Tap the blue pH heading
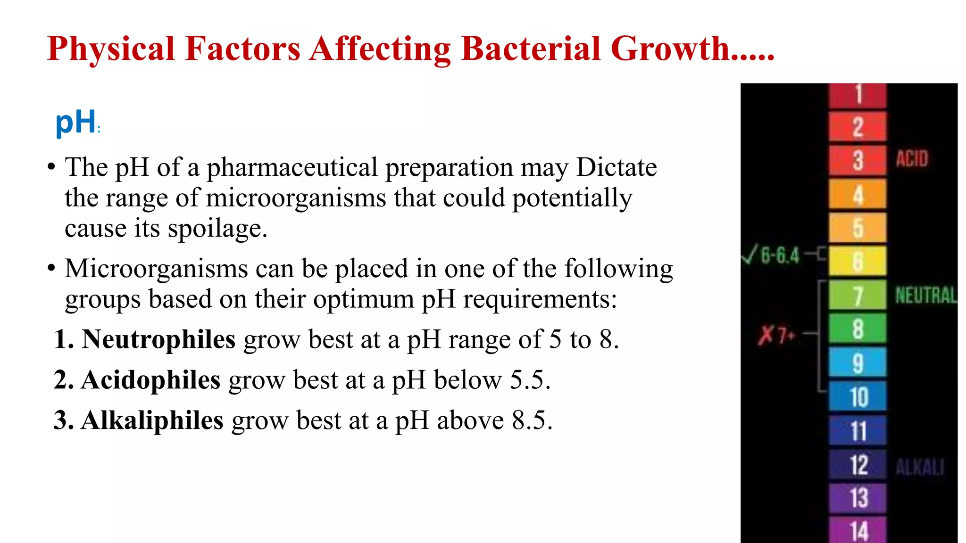pyautogui.click(x=75, y=122)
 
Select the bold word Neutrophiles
pyautogui.click(x=158, y=339)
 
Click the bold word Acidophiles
pyautogui.click(x=150, y=380)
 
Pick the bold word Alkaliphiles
pyautogui.click(x=152, y=420)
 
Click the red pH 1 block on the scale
pyautogui.click(x=858, y=95)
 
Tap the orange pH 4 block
pyautogui.click(x=858, y=195)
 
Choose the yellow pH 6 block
pyautogui.click(x=858, y=261)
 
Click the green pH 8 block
pyautogui.click(x=858, y=329)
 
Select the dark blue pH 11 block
pyautogui.click(x=858, y=430)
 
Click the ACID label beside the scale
pyautogui.click(x=912, y=159)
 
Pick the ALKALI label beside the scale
pyautogui.click(x=920, y=467)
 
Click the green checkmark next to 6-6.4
pyautogui.click(x=749, y=254)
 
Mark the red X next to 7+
pyautogui.click(x=766, y=335)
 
